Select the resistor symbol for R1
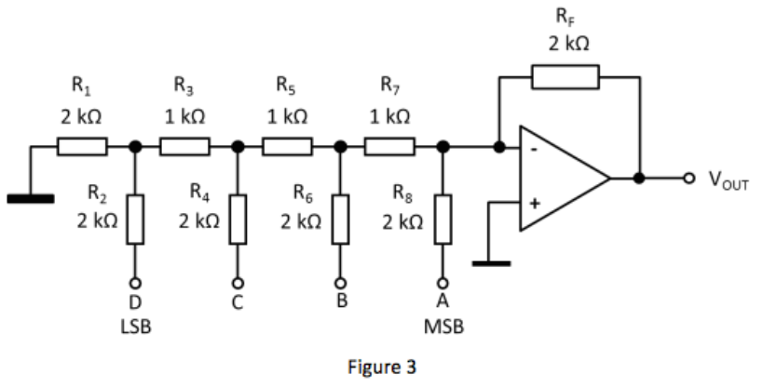click(x=83, y=146)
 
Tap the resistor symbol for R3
click(x=185, y=146)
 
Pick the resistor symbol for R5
click(x=288, y=146)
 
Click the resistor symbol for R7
click(x=390, y=146)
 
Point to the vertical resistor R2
click(x=135, y=220)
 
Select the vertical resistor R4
click(x=238, y=220)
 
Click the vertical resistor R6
click(x=340, y=220)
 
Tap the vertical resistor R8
click(x=443, y=220)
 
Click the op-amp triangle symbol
click(x=559, y=178)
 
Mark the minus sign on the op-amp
click(x=535, y=148)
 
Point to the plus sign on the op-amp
click(x=535, y=203)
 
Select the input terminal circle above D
click(x=135, y=283)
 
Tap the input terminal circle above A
click(x=443, y=283)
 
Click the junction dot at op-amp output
click(x=639, y=178)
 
